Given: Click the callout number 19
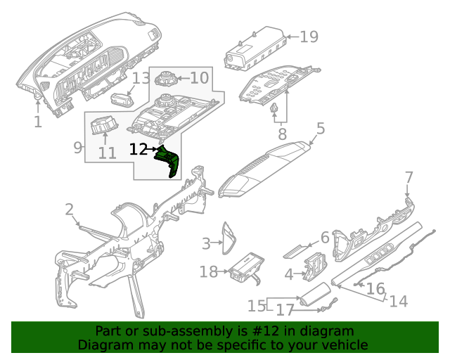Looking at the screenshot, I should click(x=309, y=37).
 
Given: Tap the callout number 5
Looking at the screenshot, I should click(x=320, y=129).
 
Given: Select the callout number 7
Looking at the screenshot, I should click(x=409, y=176).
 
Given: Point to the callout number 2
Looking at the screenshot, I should click(x=70, y=209).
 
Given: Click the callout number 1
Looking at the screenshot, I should click(x=37, y=122).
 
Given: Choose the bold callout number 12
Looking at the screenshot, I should click(x=139, y=149).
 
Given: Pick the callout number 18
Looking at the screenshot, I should click(x=209, y=271).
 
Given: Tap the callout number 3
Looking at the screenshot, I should click(x=206, y=243).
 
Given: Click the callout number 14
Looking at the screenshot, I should click(x=398, y=301).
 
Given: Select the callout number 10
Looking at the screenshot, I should click(x=199, y=78).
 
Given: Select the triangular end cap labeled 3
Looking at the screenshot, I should click(x=229, y=238).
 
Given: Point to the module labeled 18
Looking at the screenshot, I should click(x=244, y=268).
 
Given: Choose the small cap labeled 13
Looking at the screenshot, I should click(x=122, y=98).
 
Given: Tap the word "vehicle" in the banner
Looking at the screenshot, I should click(x=345, y=345).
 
